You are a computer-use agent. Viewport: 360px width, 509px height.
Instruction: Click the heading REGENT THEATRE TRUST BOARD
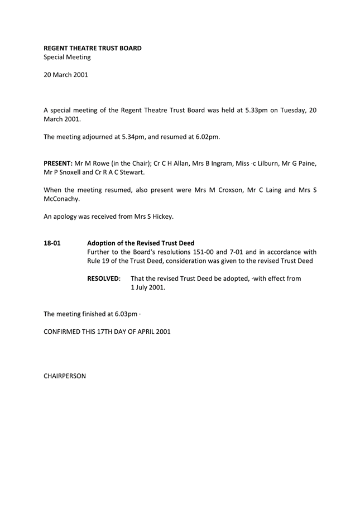[x=93, y=48]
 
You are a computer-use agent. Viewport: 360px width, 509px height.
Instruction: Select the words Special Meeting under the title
[x=67, y=57]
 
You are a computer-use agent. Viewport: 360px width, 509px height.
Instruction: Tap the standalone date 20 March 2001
[x=65, y=75]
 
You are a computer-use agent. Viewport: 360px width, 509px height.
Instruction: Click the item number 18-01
[x=52, y=243]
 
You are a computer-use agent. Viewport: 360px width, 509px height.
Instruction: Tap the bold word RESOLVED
[x=104, y=278]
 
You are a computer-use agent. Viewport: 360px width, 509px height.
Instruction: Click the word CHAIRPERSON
[x=65, y=376]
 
